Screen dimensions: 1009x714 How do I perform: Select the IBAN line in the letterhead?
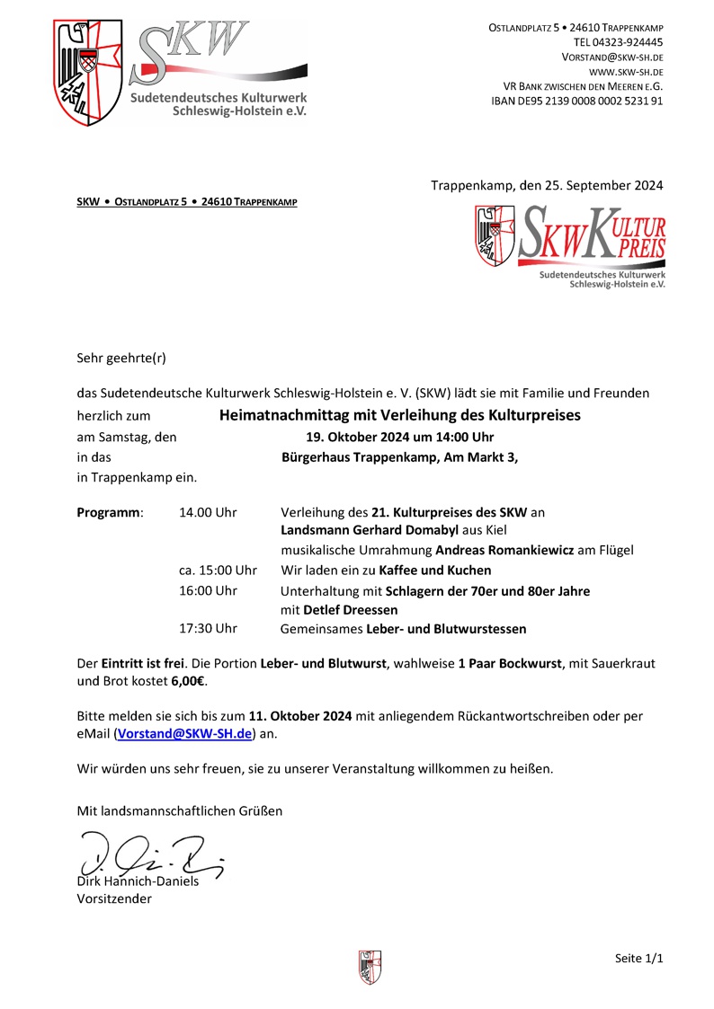[x=577, y=101]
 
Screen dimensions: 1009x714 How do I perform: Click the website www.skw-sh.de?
[x=626, y=71]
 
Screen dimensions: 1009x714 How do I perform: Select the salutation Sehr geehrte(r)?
[x=121, y=358]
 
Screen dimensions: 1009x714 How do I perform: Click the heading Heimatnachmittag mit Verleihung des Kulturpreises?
[x=400, y=415]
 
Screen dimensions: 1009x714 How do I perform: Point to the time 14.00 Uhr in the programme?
[x=208, y=512]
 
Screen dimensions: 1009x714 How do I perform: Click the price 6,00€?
[x=189, y=681]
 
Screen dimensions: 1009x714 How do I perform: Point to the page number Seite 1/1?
[x=639, y=959]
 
